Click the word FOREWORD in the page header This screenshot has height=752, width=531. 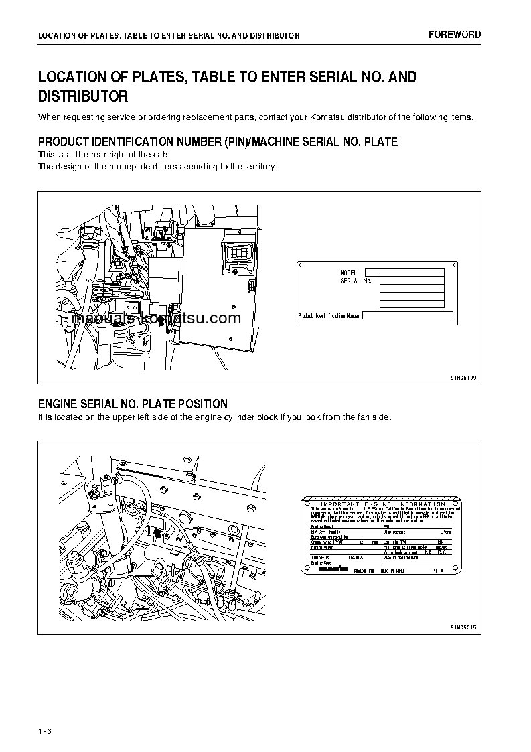coord(455,35)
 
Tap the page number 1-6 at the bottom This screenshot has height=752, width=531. coord(46,731)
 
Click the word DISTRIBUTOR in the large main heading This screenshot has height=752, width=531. coord(83,97)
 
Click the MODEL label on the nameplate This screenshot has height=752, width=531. coord(350,273)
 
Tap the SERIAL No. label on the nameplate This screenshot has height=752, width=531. coord(356,281)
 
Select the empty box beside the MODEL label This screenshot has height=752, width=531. coord(404,272)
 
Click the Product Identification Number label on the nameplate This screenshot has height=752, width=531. coord(329,316)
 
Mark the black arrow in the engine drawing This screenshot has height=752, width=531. coord(157,532)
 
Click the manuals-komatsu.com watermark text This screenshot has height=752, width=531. coord(155,319)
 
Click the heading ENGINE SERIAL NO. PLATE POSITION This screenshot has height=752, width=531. coord(133,404)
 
